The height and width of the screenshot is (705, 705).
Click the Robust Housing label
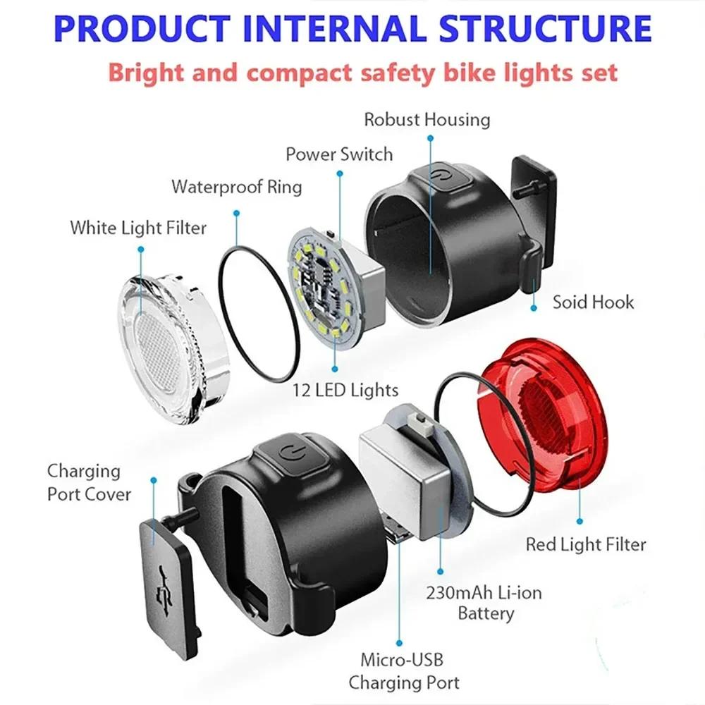point(427,119)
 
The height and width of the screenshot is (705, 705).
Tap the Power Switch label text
point(339,154)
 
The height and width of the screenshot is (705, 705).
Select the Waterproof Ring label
point(237,187)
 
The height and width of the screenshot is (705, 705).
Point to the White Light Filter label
point(138,228)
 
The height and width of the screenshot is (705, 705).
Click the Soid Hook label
point(593,302)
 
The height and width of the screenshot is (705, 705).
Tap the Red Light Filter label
point(586,544)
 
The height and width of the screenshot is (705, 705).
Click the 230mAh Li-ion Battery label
point(484,603)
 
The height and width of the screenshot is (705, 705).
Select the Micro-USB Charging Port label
point(404,671)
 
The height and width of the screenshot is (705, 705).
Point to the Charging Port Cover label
point(89,482)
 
